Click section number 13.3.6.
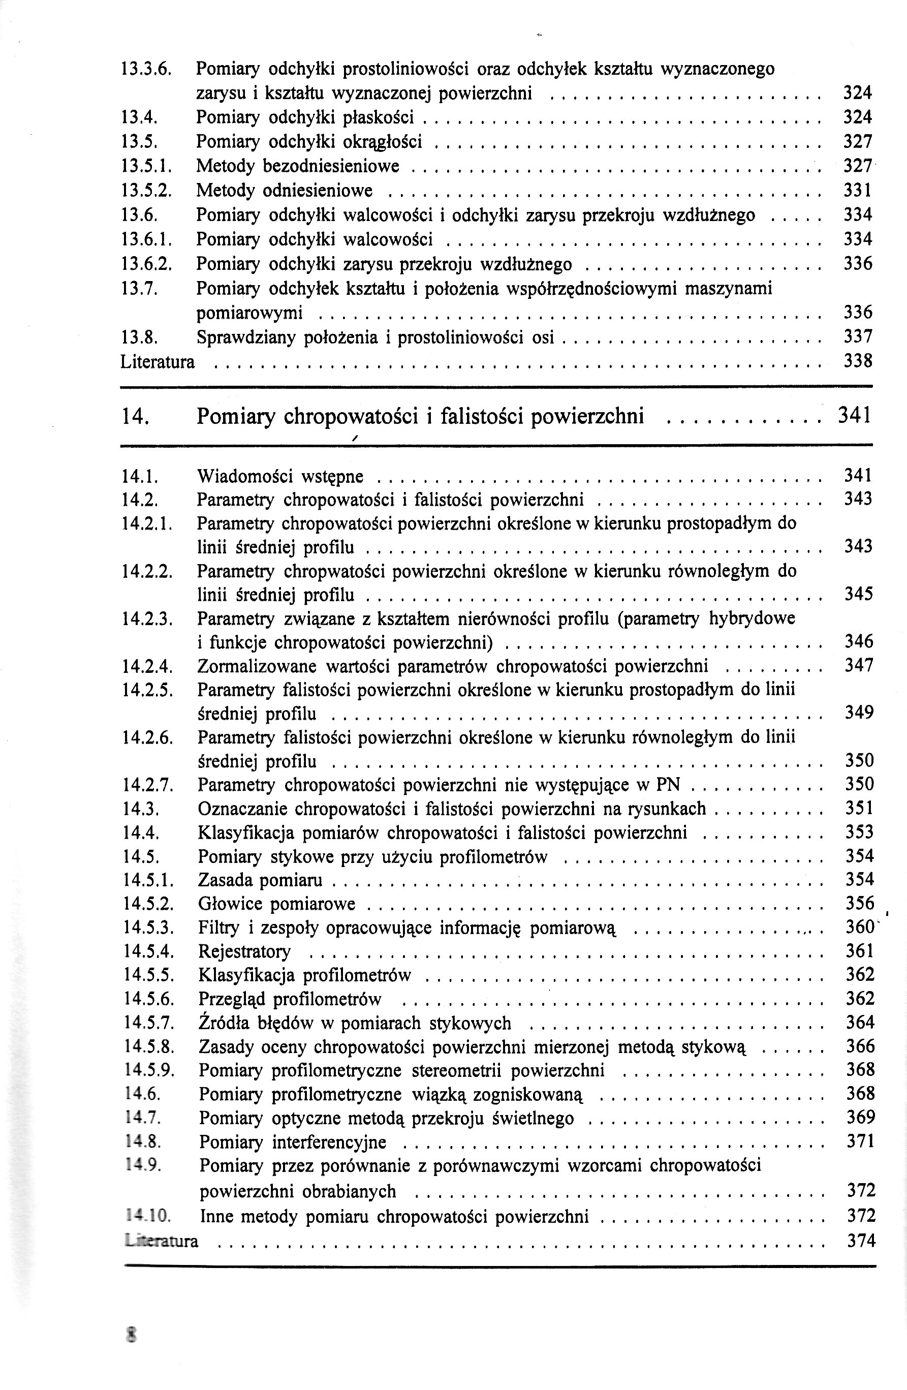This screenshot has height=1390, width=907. pyautogui.click(x=145, y=69)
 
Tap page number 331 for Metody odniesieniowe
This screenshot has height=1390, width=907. pyautogui.click(x=858, y=191)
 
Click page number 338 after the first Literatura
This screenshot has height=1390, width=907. pyautogui.click(x=858, y=361)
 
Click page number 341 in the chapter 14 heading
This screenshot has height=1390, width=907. pyautogui.click(x=855, y=415)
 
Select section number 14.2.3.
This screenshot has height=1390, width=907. pyautogui.click(x=148, y=619)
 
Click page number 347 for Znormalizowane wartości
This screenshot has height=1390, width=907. pyautogui.click(x=859, y=665)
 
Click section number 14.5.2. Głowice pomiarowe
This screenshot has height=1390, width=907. pyautogui.click(x=149, y=904)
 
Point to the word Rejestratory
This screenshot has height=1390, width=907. pyautogui.click(x=244, y=952)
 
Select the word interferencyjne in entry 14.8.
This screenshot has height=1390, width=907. pyautogui.click(x=329, y=1142)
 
